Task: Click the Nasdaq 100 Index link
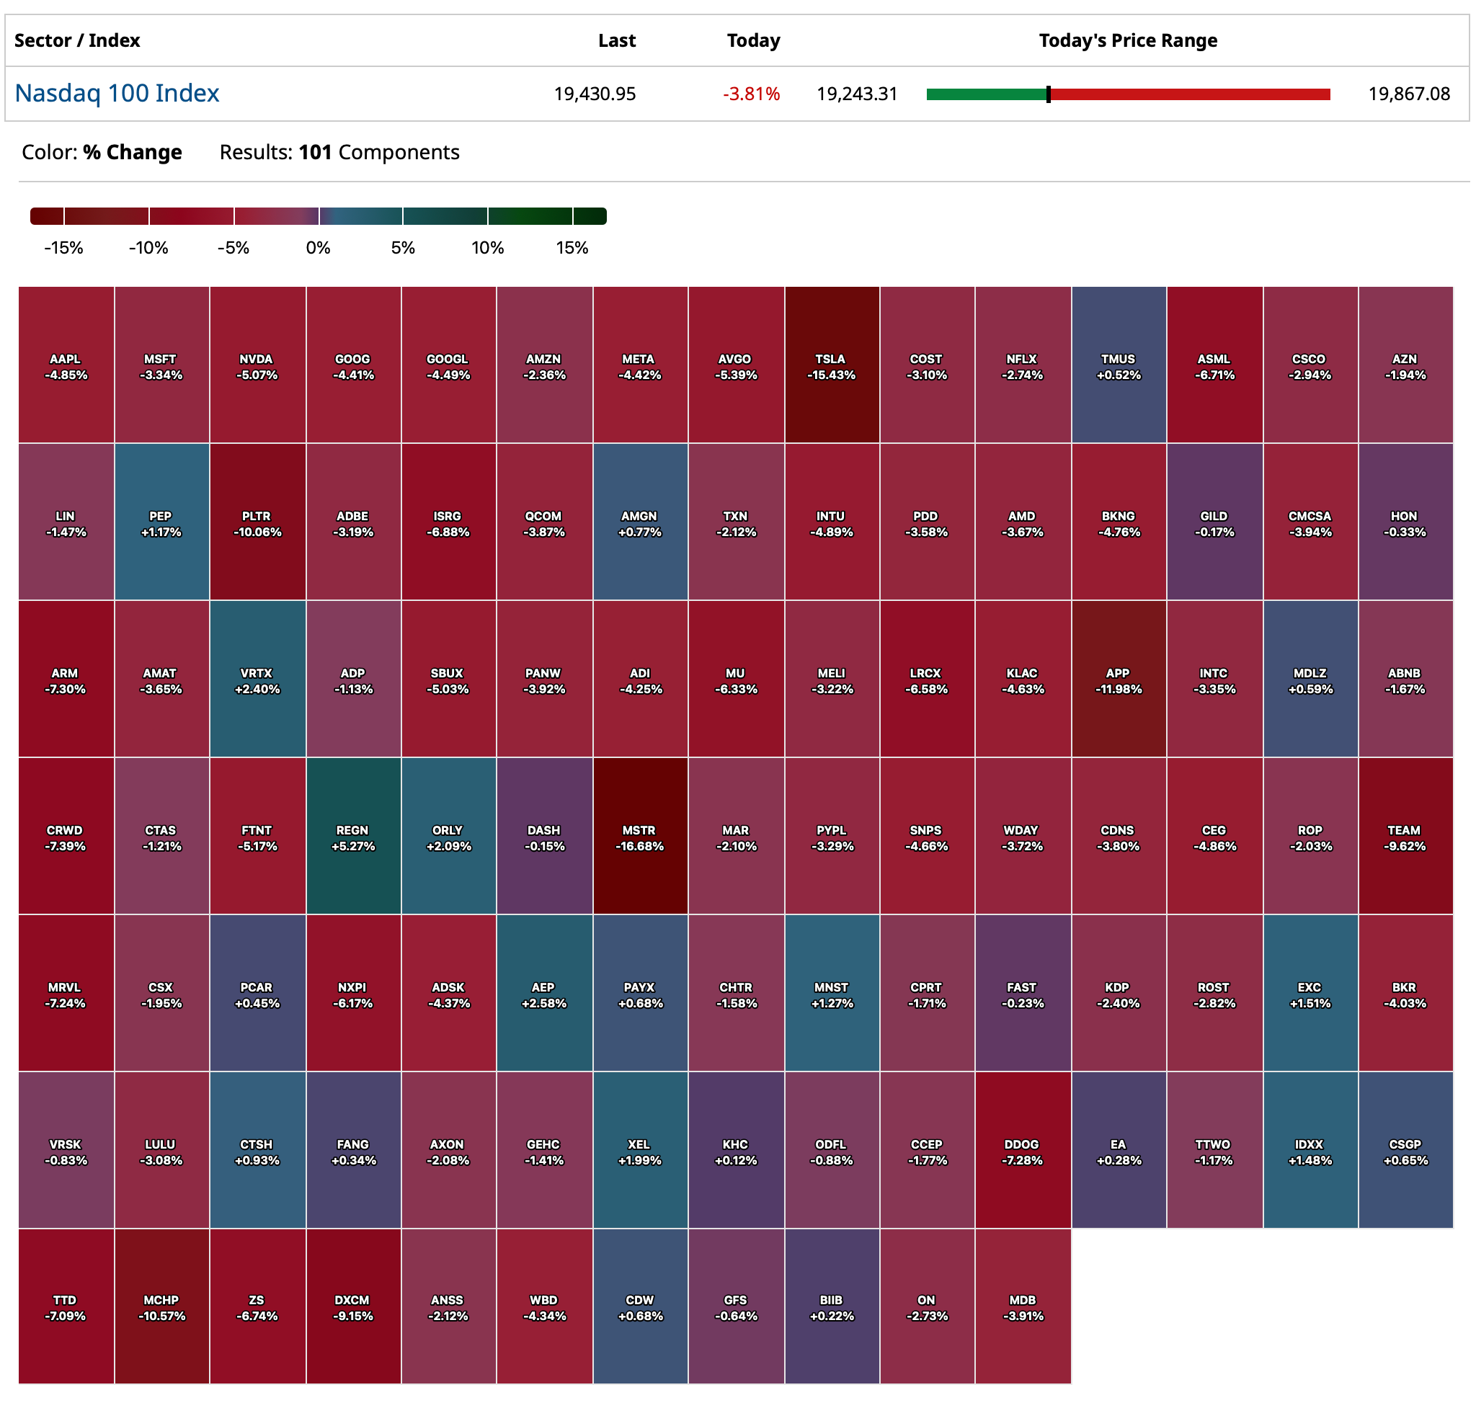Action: coord(117,93)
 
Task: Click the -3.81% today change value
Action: coord(750,94)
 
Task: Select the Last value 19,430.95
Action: coord(594,94)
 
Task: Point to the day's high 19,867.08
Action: coord(1408,94)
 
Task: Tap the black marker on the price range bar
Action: coord(1047,94)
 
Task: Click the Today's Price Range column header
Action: coord(1127,40)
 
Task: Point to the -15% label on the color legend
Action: coord(64,248)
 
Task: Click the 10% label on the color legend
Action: coord(486,248)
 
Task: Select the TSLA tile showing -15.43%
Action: coord(830,365)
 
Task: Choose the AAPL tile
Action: coord(66,365)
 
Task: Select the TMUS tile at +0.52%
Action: coord(1118,365)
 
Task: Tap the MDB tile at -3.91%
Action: coord(1022,1306)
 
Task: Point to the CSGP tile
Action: coord(1404,1150)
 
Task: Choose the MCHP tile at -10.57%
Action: coord(161,1306)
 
